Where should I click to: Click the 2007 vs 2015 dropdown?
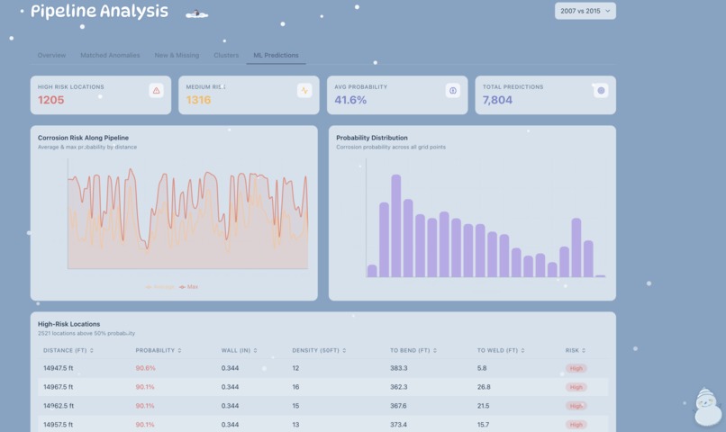coord(585,12)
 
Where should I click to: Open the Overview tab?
coord(51,55)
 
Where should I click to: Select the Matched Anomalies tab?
coord(110,55)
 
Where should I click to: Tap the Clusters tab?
coord(226,55)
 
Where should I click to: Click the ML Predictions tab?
coord(276,55)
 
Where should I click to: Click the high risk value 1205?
coord(51,100)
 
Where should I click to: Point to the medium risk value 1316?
coord(198,100)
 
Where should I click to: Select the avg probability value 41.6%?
coord(350,100)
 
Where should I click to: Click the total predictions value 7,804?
coord(497,100)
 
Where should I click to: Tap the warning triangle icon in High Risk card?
coord(157,90)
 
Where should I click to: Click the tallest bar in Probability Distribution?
coord(395,226)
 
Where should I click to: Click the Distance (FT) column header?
coord(68,350)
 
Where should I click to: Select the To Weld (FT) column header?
coord(500,350)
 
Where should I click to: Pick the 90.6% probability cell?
coord(145,368)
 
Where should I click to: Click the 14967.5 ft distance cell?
coord(59,387)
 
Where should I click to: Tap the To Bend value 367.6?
coord(398,406)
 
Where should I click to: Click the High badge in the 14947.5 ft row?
coord(576,368)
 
